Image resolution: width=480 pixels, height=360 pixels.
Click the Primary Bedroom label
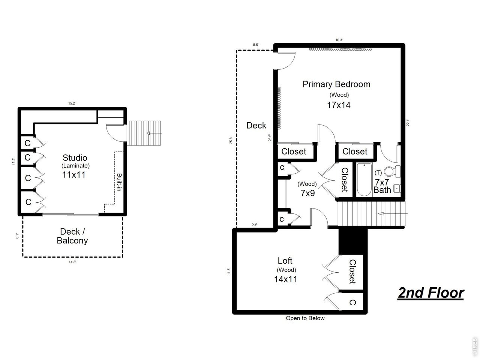(x=336, y=84)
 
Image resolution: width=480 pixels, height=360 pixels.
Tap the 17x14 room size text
(x=339, y=105)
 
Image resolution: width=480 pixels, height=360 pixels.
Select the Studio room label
(x=75, y=157)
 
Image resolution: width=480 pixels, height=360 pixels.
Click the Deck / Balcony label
(x=72, y=236)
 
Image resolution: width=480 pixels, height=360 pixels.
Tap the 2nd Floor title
(x=430, y=293)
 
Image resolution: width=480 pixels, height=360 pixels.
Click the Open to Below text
(x=305, y=318)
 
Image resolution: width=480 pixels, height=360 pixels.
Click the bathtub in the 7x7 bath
(x=364, y=180)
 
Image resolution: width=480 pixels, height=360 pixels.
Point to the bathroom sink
(x=396, y=189)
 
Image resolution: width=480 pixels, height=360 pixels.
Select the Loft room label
(x=285, y=260)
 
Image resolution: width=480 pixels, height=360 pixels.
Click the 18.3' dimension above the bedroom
(x=339, y=40)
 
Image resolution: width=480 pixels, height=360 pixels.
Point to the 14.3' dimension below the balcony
(x=72, y=262)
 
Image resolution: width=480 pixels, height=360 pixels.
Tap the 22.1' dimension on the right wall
(x=408, y=123)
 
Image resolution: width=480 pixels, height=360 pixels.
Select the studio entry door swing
(x=114, y=132)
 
